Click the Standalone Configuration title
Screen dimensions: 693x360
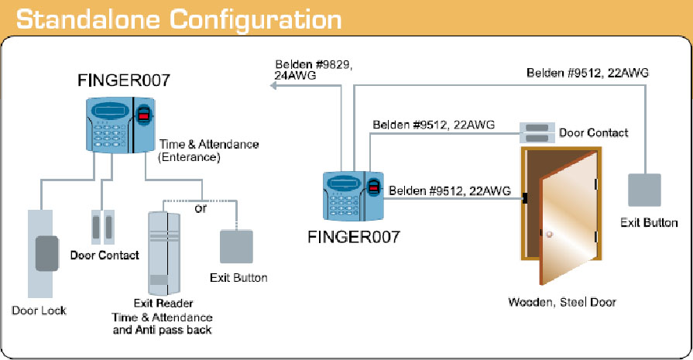click(x=179, y=20)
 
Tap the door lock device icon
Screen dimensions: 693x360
click(x=41, y=253)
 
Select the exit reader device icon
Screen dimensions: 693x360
click(x=164, y=253)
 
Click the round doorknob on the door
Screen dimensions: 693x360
click(x=549, y=235)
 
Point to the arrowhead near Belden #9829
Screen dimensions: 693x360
click(x=273, y=85)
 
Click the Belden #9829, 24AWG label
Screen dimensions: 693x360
click(x=313, y=70)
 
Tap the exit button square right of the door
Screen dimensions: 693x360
click(x=644, y=190)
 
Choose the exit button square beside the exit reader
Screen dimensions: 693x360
click(x=236, y=246)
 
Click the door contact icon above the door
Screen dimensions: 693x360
click(x=537, y=133)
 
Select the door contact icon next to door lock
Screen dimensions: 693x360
click(x=102, y=227)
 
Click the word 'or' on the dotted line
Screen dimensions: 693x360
click(x=201, y=208)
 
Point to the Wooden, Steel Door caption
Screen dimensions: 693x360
click(x=562, y=302)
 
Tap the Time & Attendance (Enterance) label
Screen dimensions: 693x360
click(x=208, y=151)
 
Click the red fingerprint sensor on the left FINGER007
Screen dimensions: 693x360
click(x=143, y=115)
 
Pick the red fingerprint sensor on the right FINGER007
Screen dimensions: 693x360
click(x=374, y=187)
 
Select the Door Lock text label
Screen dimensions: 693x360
click(x=39, y=310)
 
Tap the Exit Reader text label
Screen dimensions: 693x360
click(x=163, y=303)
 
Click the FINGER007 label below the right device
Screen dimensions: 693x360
click(x=354, y=237)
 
